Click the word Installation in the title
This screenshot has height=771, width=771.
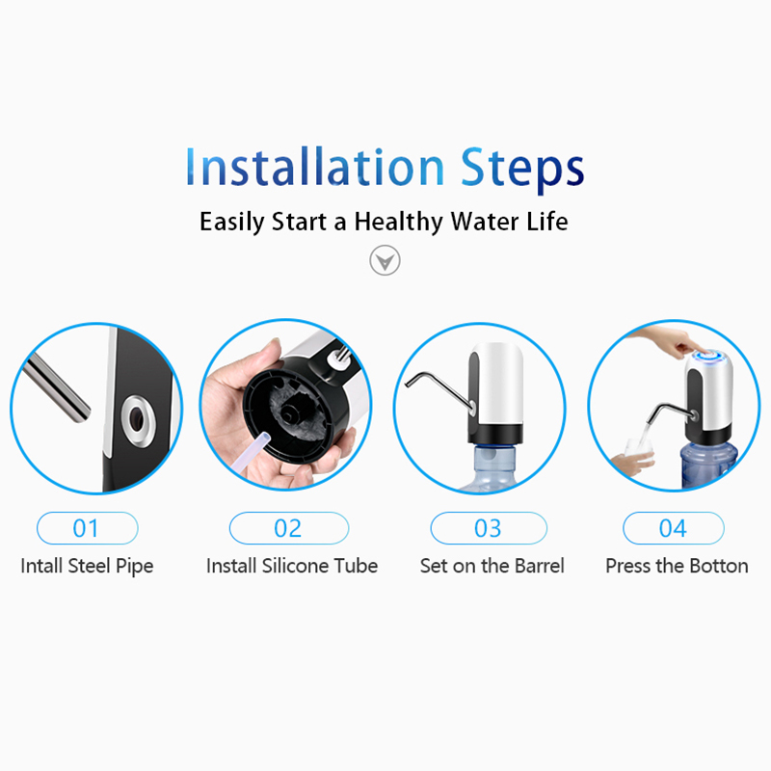315,166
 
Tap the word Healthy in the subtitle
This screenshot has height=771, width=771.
399,222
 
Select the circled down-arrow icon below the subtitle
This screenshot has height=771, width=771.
385,260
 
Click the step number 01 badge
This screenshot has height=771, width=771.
87,528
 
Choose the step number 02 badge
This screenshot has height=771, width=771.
288,528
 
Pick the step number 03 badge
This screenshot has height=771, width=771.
489,528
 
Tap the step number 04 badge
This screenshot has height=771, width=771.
673,528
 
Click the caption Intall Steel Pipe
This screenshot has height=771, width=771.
87,566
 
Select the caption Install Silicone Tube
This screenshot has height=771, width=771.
292,566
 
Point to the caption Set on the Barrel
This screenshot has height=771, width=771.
492,566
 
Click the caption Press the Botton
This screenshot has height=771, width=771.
678,566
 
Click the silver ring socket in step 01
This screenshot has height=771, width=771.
138,420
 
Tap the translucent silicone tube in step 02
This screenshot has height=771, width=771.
253,451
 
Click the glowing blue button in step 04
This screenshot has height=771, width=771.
709,355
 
